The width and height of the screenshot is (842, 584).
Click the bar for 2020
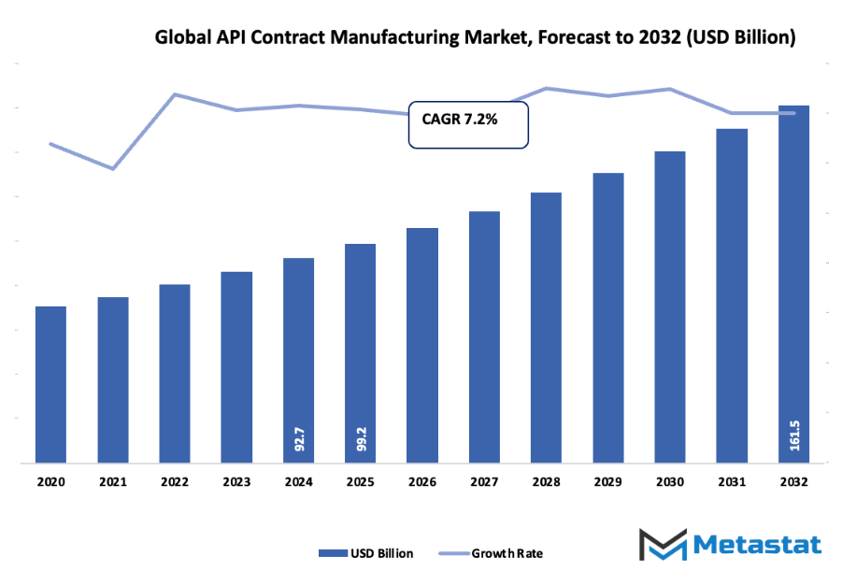pos(50,384)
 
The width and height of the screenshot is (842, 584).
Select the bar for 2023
pos(236,367)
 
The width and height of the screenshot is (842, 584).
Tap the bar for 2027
pos(484,336)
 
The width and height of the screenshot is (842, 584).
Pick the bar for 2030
pos(670,306)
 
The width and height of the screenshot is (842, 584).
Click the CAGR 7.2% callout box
pos(468,124)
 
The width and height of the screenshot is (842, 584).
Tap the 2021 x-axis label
pos(113,482)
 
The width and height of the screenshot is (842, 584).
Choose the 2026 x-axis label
pos(422,482)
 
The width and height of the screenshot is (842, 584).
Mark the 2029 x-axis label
pos(608,482)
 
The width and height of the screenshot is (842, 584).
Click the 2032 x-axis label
pos(794,482)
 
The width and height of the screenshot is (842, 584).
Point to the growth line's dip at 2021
pos(113,169)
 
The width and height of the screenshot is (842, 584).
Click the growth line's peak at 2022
pos(175,94)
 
